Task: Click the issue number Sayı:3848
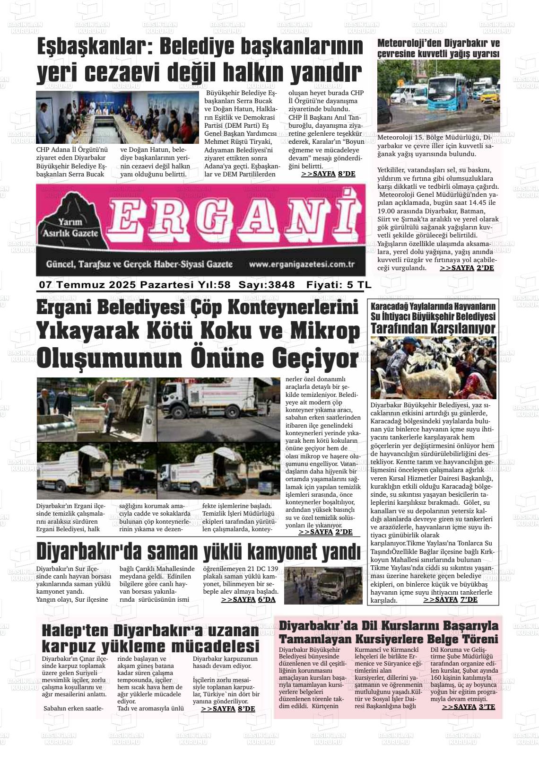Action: pyautogui.click(x=267, y=285)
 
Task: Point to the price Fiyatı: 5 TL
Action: pyautogui.click(x=339, y=285)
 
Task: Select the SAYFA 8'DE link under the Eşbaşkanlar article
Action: pyautogui.click(x=328, y=174)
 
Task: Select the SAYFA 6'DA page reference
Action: pyautogui.click(x=248, y=599)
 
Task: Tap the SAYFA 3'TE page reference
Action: pyautogui.click(x=469, y=707)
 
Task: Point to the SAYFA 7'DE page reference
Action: pyautogui.click(x=451, y=599)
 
